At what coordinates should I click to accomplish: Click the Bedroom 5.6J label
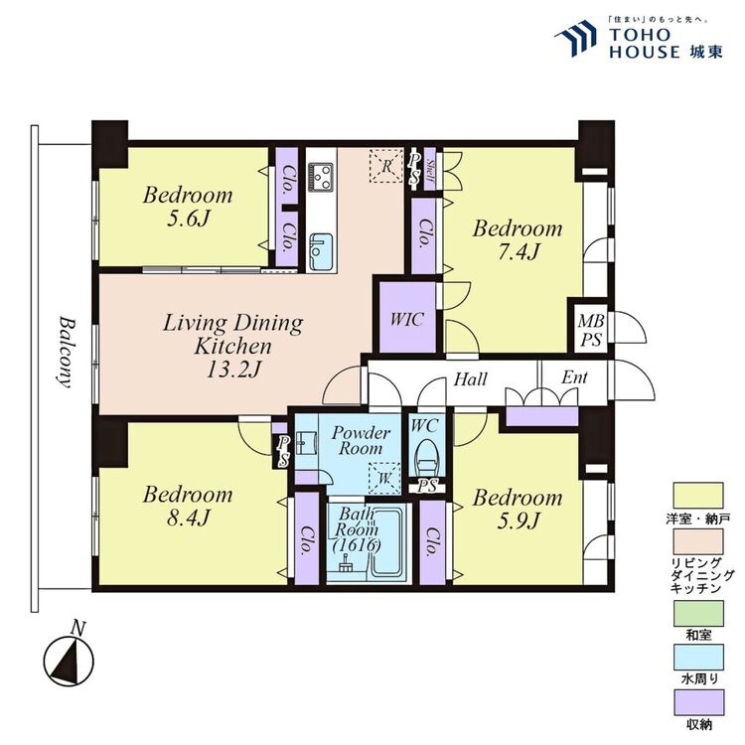pyautogui.click(x=188, y=207)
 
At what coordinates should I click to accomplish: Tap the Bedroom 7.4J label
pyautogui.click(x=518, y=240)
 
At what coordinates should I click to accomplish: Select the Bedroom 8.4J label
pyautogui.click(x=188, y=506)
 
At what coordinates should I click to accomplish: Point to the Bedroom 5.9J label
pyautogui.click(x=518, y=510)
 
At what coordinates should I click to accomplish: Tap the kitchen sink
pyautogui.click(x=321, y=252)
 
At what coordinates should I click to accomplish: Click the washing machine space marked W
pyautogui.click(x=384, y=478)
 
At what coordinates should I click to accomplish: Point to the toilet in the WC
pyautogui.click(x=427, y=458)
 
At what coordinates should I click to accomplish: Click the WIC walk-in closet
pyautogui.click(x=407, y=318)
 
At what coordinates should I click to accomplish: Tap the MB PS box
pyautogui.click(x=591, y=330)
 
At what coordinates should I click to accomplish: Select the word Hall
pyautogui.click(x=471, y=379)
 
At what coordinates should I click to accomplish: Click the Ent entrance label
pyautogui.click(x=574, y=377)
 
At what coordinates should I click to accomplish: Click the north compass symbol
pyautogui.click(x=69, y=660)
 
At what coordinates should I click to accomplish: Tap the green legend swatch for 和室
pyautogui.click(x=698, y=614)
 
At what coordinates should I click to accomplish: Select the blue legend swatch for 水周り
pyautogui.click(x=698, y=658)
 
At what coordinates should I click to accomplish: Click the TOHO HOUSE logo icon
pyautogui.click(x=575, y=38)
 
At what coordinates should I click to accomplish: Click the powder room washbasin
pyautogui.click(x=306, y=443)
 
